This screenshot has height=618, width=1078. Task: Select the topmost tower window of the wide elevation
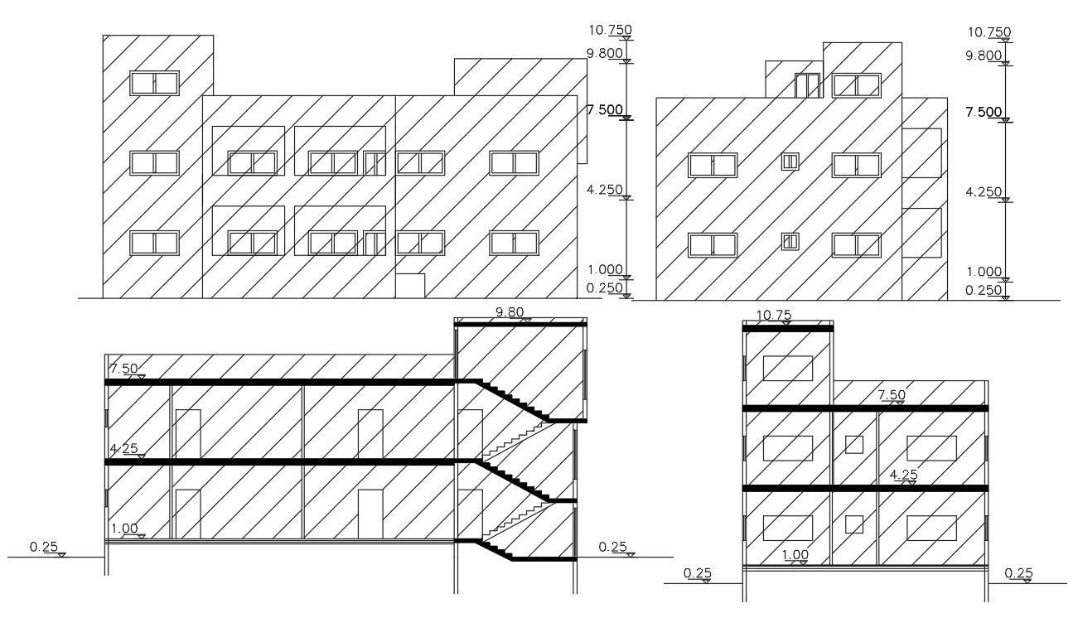(154, 83)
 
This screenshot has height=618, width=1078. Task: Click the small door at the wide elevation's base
(410, 285)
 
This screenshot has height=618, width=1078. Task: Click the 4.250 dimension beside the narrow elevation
(984, 191)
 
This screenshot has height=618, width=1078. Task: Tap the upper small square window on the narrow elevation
(790, 162)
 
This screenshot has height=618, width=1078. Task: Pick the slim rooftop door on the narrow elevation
(807, 85)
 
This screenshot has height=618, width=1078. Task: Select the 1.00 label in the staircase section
(124, 529)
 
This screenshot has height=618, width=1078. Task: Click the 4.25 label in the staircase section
(124, 449)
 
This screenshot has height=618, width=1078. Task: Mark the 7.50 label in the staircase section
(124, 369)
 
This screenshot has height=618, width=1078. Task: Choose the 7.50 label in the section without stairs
(892, 396)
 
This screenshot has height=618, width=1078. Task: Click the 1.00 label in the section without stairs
(795, 555)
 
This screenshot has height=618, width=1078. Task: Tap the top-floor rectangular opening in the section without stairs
(787, 368)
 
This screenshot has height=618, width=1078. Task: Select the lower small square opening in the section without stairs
(853, 524)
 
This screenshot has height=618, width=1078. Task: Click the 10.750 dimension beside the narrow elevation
(989, 32)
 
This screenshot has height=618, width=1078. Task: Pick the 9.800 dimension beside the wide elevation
(604, 53)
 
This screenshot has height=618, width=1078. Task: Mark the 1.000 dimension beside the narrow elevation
(985, 271)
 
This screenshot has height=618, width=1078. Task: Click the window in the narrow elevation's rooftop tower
(856, 84)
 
